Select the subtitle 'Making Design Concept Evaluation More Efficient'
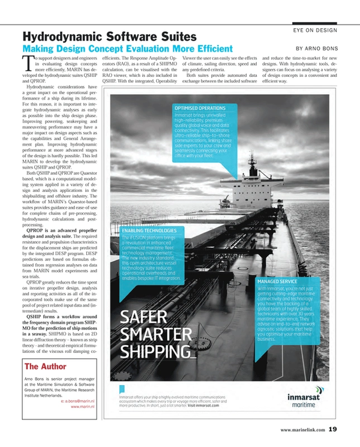127,49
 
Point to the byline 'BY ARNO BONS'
317,49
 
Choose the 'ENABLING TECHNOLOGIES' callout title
148,230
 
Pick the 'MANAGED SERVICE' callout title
278,281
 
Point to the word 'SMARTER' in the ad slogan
155,334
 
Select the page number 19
333,429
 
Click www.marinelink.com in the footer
302,430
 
